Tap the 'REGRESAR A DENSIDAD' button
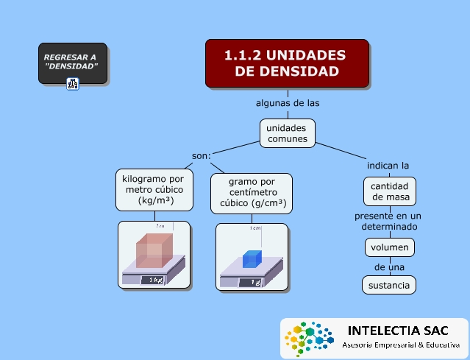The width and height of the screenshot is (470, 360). pos(73,63)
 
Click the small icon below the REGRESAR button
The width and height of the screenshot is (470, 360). pos(73,83)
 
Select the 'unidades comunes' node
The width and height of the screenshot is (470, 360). pos(287,133)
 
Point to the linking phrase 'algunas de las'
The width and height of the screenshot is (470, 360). pos(287,103)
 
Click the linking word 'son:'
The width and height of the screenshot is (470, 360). pos(202,155)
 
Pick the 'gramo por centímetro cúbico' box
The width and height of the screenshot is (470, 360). pos(252,193)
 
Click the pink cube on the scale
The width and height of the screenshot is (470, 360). pos(154,250)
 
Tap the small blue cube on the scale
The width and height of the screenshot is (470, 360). pos(252,258)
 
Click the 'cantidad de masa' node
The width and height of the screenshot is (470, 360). pos(389,191)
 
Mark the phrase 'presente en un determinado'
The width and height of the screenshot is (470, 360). pos(388,222)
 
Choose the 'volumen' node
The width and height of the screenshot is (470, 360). pos(389,247)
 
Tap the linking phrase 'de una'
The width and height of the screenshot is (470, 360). pos(389,266)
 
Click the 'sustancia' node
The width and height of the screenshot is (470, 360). pos(389,285)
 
